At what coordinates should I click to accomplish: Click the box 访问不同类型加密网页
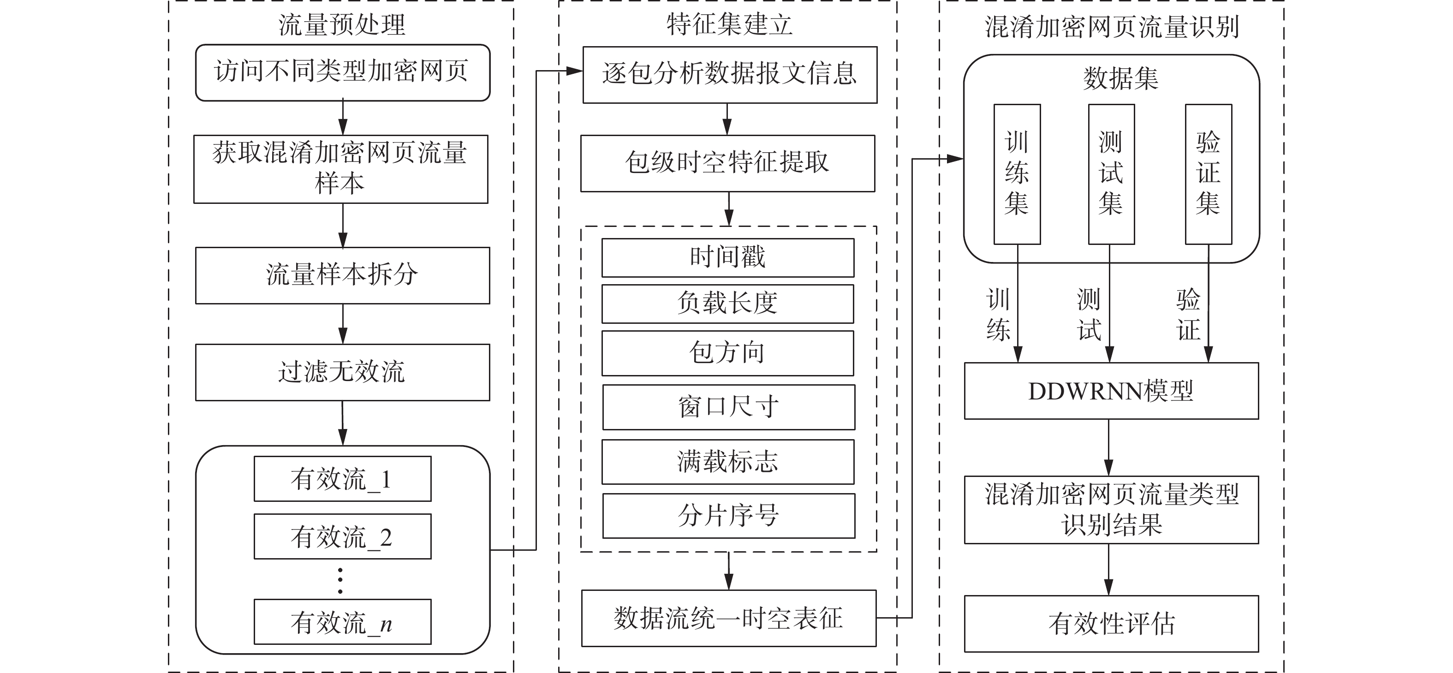tap(342, 73)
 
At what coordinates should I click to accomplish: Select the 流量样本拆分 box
tap(342, 275)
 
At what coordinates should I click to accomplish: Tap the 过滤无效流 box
tap(342, 372)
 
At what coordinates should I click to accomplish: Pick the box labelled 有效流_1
tap(342, 479)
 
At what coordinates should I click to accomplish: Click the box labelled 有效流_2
tap(342, 536)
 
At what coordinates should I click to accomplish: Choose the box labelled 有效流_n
tap(342, 622)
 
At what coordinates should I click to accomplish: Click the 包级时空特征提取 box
tap(727, 163)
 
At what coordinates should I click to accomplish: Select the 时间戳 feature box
tap(727, 258)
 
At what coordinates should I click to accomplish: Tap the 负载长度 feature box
tap(727, 304)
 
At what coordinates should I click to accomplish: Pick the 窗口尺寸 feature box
tap(729, 407)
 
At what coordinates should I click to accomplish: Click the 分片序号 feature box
tap(729, 516)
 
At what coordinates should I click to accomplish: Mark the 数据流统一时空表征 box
tap(729, 618)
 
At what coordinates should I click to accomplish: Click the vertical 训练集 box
tap(1017, 174)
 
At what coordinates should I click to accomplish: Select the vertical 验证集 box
tap(1208, 174)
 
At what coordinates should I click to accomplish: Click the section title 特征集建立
tap(729, 24)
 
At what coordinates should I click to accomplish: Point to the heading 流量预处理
tap(342, 25)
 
